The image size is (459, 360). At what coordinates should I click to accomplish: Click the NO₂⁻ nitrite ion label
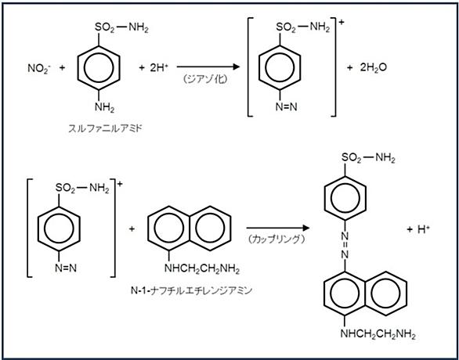39,69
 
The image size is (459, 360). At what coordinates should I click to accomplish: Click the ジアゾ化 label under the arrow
204,80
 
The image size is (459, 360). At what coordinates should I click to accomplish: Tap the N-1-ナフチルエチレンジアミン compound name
191,290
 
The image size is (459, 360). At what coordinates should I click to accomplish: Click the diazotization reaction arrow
208,67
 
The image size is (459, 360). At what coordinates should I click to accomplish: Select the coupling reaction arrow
278,228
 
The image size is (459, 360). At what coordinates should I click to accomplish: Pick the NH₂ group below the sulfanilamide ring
104,107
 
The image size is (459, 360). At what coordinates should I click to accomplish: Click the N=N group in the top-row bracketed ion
287,107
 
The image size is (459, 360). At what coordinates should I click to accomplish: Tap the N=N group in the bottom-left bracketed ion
66,268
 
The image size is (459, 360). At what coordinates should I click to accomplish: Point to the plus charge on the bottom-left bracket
120,185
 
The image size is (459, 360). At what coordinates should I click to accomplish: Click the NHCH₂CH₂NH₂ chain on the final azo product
378,334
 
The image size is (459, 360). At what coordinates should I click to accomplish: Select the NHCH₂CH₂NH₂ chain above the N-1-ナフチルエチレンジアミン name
202,268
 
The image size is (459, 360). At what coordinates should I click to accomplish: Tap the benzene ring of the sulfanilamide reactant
99,68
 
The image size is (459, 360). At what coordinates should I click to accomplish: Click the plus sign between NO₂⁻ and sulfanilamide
62,68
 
